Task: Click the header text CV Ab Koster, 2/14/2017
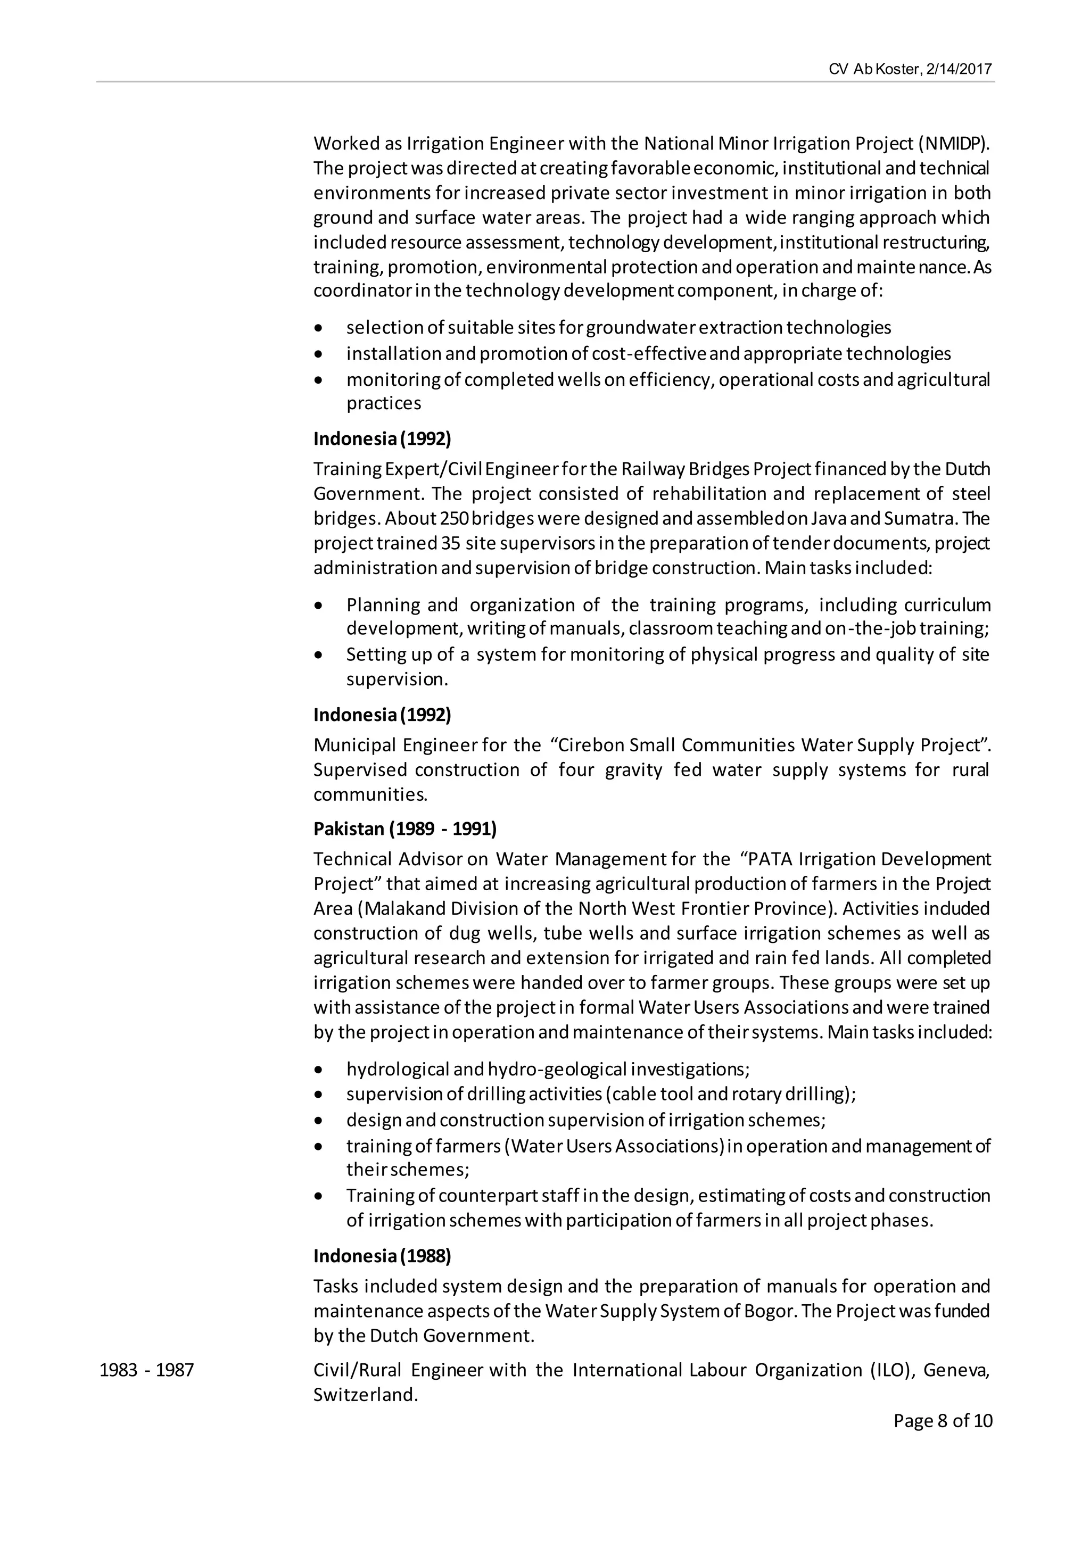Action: pos(910,69)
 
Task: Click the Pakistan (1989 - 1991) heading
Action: pos(404,829)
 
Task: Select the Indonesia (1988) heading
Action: pos(382,1256)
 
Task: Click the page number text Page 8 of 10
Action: pos(943,1420)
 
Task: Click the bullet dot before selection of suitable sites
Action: pos(318,328)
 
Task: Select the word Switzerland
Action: pos(365,1395)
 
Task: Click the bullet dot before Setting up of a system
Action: pos(318,655)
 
